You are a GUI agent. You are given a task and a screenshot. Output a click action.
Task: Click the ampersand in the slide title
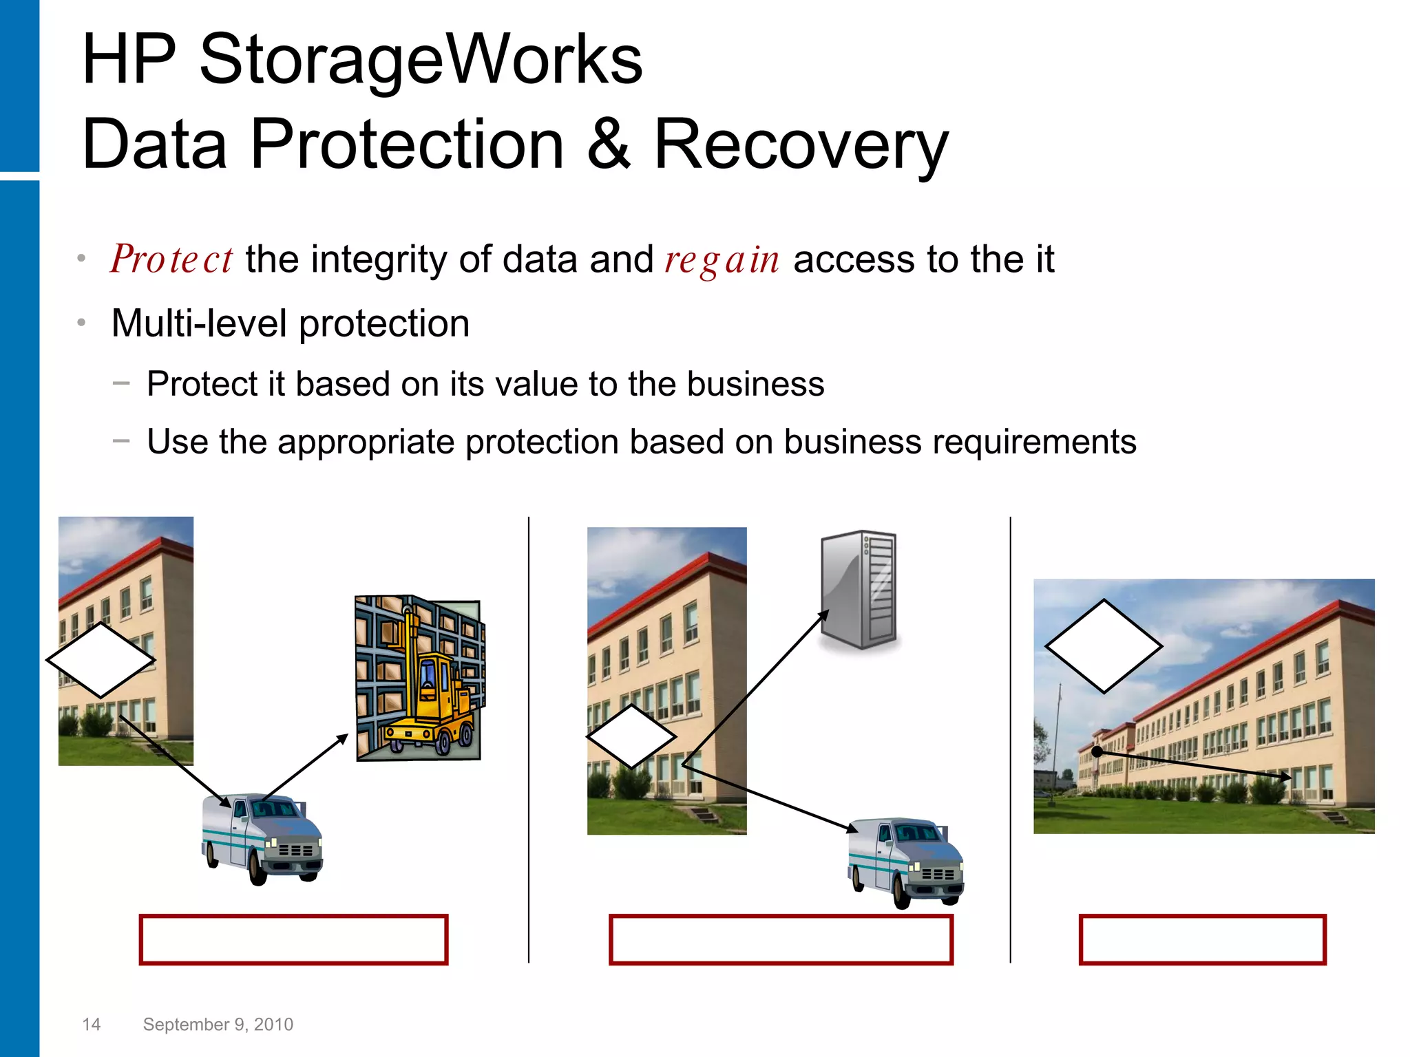coord(609,145)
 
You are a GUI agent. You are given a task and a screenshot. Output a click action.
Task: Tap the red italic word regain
coord(722,260)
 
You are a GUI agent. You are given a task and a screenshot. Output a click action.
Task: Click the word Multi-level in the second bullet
coord(198,323)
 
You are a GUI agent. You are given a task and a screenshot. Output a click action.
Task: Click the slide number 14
coord(91,1024)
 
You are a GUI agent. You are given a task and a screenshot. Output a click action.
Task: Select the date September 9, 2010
coord(218,1024)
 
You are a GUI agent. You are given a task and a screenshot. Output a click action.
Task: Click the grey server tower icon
coord(859,590)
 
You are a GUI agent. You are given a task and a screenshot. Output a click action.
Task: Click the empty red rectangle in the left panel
coord(293,939)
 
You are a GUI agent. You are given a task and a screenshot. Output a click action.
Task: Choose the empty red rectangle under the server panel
coord(781,939)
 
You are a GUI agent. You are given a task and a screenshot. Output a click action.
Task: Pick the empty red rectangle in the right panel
coord(1202,939)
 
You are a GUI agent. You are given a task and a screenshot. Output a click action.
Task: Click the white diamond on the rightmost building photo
coord(1104,645)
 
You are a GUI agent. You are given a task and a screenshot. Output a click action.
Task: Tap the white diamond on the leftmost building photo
coord(101,660)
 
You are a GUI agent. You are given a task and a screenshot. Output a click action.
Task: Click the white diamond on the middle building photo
coord(631,736)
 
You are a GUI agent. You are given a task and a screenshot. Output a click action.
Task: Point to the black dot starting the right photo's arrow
coord(1097,752)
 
